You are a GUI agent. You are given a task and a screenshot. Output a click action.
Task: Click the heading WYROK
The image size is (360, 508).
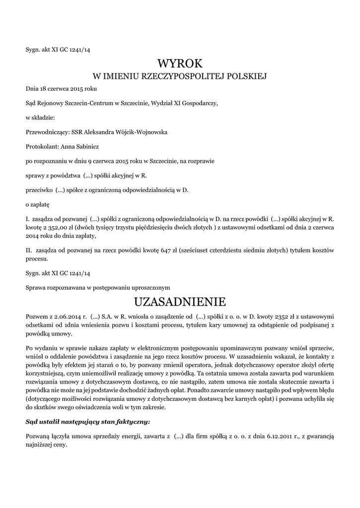click(x=180, y=63)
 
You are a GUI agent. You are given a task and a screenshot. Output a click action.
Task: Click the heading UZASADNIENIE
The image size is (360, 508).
click(x=180, y=302)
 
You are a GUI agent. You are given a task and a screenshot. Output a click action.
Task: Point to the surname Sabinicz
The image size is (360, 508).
click(x=88, y=147)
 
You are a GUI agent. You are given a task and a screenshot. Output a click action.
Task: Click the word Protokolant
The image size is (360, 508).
click(x=42, y=147)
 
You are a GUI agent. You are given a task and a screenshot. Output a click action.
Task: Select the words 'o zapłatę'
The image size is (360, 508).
click(x=38, y=204)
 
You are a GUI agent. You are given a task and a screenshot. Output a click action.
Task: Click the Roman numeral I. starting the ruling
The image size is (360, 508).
click(x=27, y=219)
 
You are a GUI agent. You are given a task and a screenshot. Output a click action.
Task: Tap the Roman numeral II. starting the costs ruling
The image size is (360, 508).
click(x=29, y=251)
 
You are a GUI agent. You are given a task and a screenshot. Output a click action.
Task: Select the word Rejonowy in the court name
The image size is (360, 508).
click(x=52, y=104)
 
